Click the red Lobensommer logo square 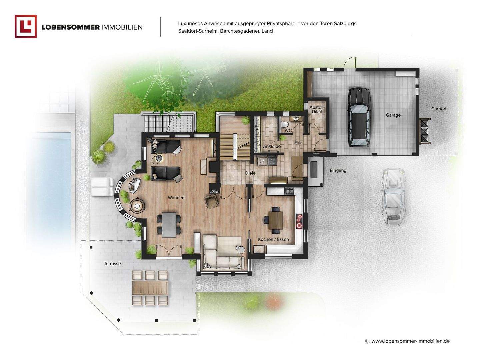(x=26, y=26)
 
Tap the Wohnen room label (x=176, y=198)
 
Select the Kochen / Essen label (x=273, y=239)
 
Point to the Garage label (x=393, y=115)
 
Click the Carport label (x=439, y=109)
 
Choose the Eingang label (x=338, y=170)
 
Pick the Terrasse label (x=112, y=264)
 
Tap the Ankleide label (x=272, y=146)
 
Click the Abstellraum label (x=317, y=109)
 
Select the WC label (x=288, y=130)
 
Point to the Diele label (x=250, y=173)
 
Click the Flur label (x=298, y=143)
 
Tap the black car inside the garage (x=359, y=117)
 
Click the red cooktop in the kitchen (x=299, y=221)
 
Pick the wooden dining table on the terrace (x=150, y=288)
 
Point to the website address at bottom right (x=410, y=341)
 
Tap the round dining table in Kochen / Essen (x=276, y=220)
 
